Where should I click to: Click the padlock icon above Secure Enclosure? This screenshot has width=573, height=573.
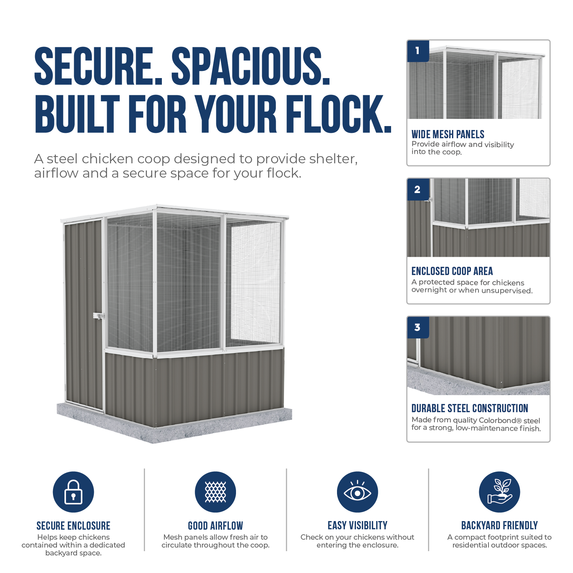click(73, 492)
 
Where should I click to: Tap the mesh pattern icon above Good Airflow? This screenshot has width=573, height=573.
click(215, 492)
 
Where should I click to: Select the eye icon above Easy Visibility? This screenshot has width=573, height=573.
click(357, 492)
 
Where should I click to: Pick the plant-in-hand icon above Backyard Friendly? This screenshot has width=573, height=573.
click(500, 492)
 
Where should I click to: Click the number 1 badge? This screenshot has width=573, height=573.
click(418, 51)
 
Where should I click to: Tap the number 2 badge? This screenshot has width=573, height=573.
click(418, 189)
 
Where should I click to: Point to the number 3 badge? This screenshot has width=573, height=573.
click(418, 327)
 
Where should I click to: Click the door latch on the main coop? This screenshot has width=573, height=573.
click(98, 316)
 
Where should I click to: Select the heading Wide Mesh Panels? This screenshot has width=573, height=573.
click(448, 135)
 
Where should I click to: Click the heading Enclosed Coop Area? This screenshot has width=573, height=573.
click(452, 271)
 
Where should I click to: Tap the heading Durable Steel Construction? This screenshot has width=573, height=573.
click(470, 408)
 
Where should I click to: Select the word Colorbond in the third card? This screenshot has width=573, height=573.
click(498, 420)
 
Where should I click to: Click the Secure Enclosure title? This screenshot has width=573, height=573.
click(73, 526)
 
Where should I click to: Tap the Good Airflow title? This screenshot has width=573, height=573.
click(215, 526)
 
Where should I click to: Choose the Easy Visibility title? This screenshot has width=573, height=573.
click(357, 525)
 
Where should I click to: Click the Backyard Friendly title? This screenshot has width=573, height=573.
click(500, 525)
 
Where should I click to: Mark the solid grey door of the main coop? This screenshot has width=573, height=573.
click(84, 315)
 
